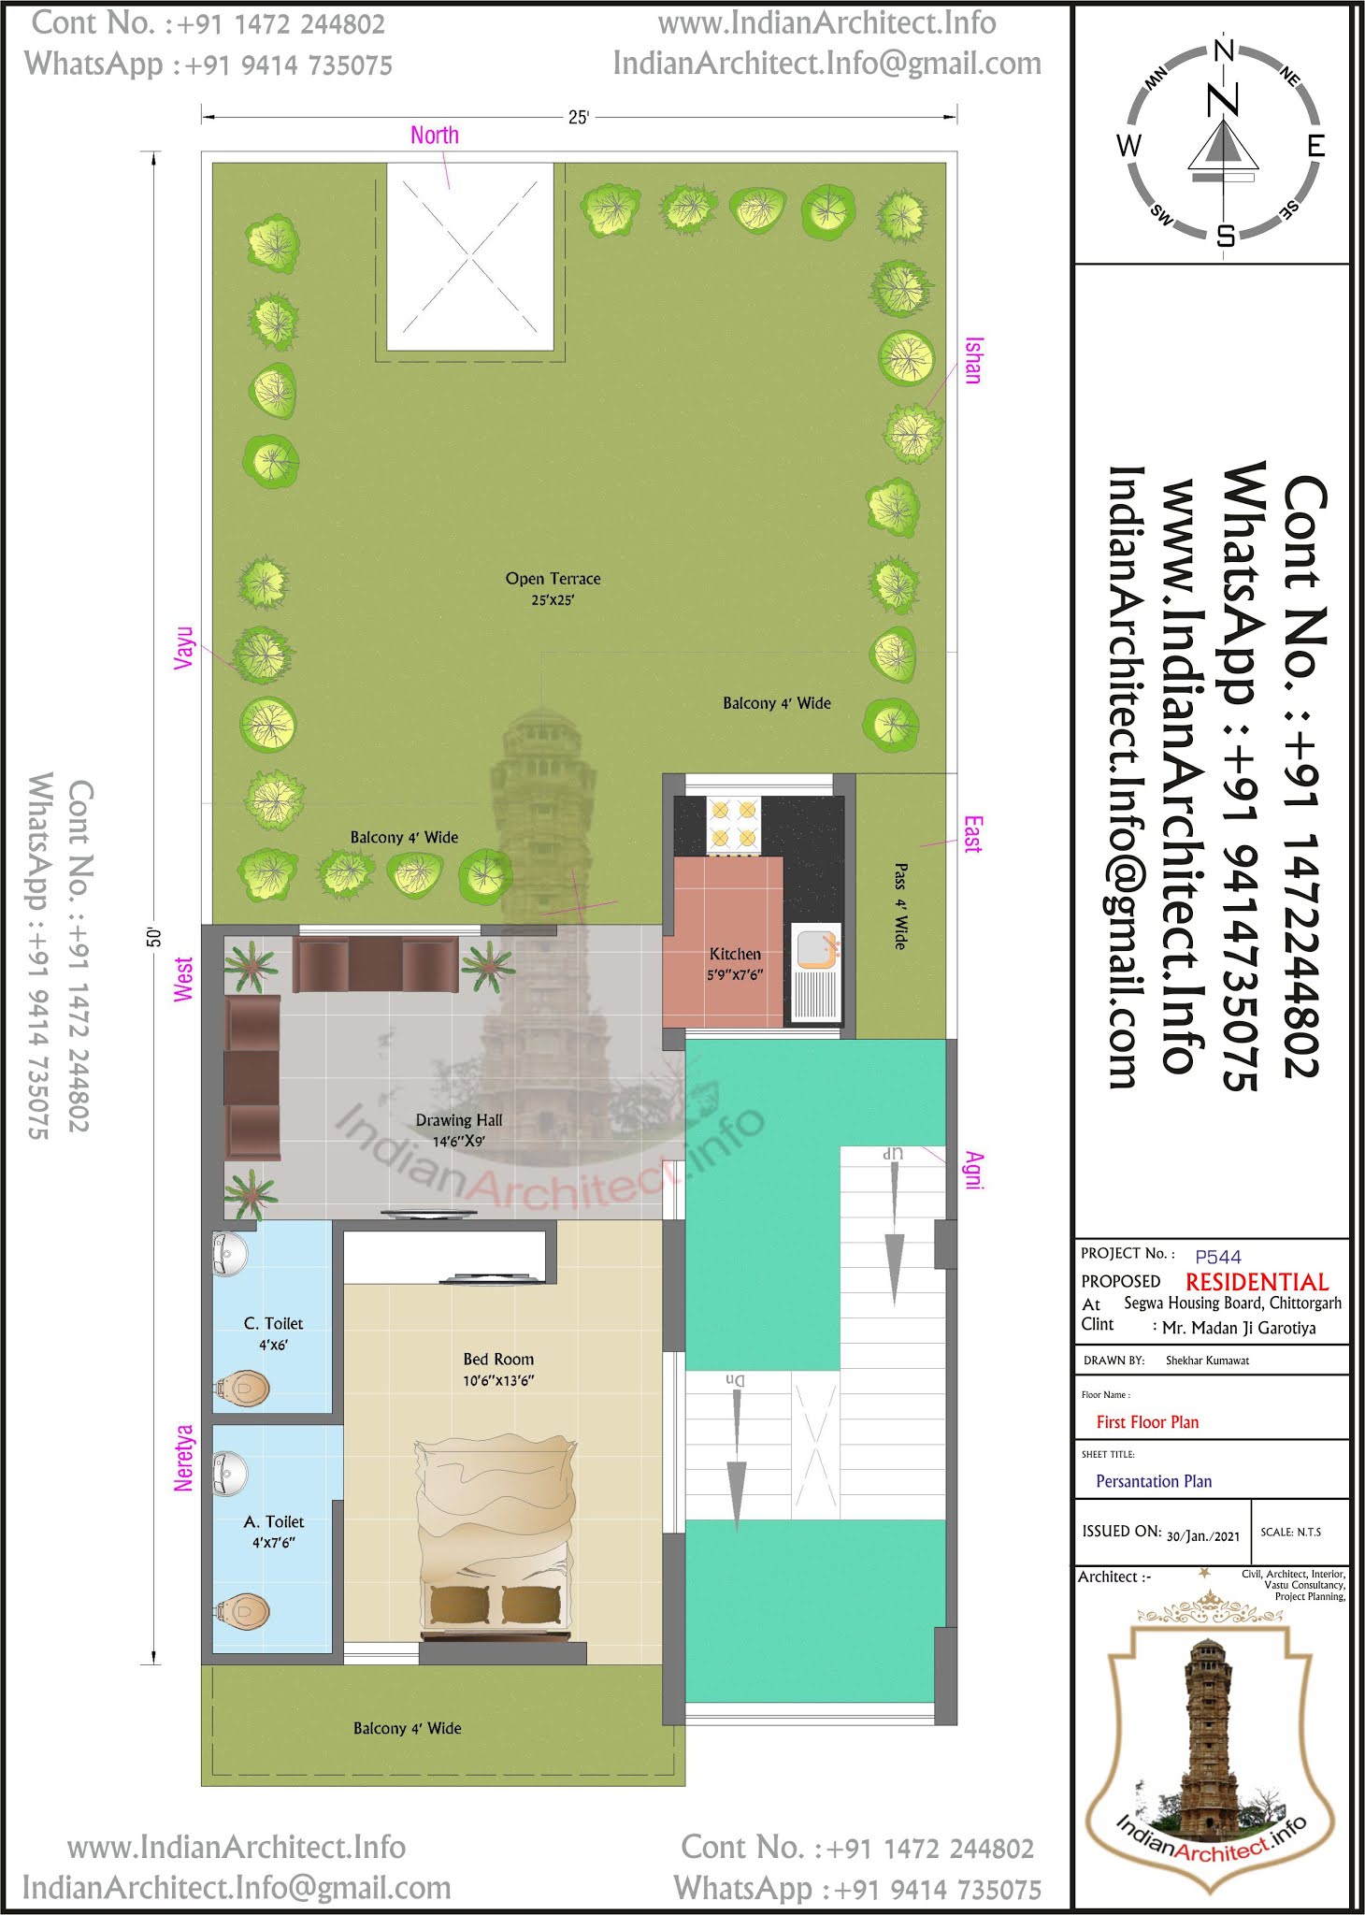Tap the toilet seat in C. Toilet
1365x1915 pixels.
[242, 1389]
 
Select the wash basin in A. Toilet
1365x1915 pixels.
[229, 1473]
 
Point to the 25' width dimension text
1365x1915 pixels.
[579, 117]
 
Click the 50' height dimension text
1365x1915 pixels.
[155, 937]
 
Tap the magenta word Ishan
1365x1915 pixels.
[973, 360]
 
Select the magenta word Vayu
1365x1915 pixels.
[183, 647]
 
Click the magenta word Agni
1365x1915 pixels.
[974, 1171]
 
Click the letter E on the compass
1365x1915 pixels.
[1315, 146]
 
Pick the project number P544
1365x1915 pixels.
[1218, 1257]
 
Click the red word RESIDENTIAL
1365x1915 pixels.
[1257, 1282]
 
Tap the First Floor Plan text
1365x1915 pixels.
[1147, 1422]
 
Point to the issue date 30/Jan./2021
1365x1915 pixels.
[1203, 1535]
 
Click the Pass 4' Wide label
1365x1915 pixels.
[900, 906]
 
